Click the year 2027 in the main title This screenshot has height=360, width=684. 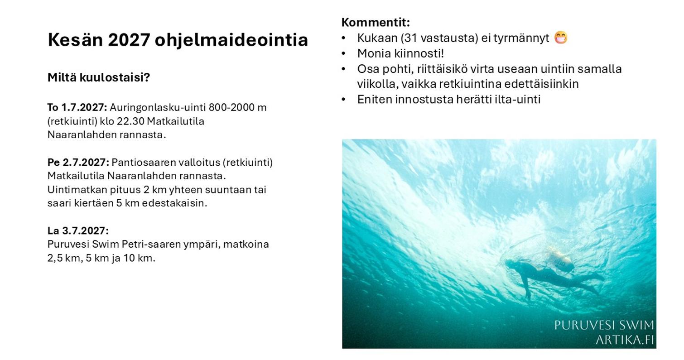pos(129,40)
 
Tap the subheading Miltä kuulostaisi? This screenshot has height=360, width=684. pos(99,77)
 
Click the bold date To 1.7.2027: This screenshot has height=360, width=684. pos(77,107)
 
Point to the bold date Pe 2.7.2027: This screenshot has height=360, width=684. pos(78,162)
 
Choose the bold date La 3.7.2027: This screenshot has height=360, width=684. pos(78,230)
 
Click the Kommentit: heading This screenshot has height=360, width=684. pos(376,22)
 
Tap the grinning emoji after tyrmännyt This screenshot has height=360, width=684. pos(561,38)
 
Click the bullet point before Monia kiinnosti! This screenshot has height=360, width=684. pos(343,53)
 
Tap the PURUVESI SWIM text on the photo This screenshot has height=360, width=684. pos(604,325)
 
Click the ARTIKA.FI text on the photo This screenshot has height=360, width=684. pos(625,340)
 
